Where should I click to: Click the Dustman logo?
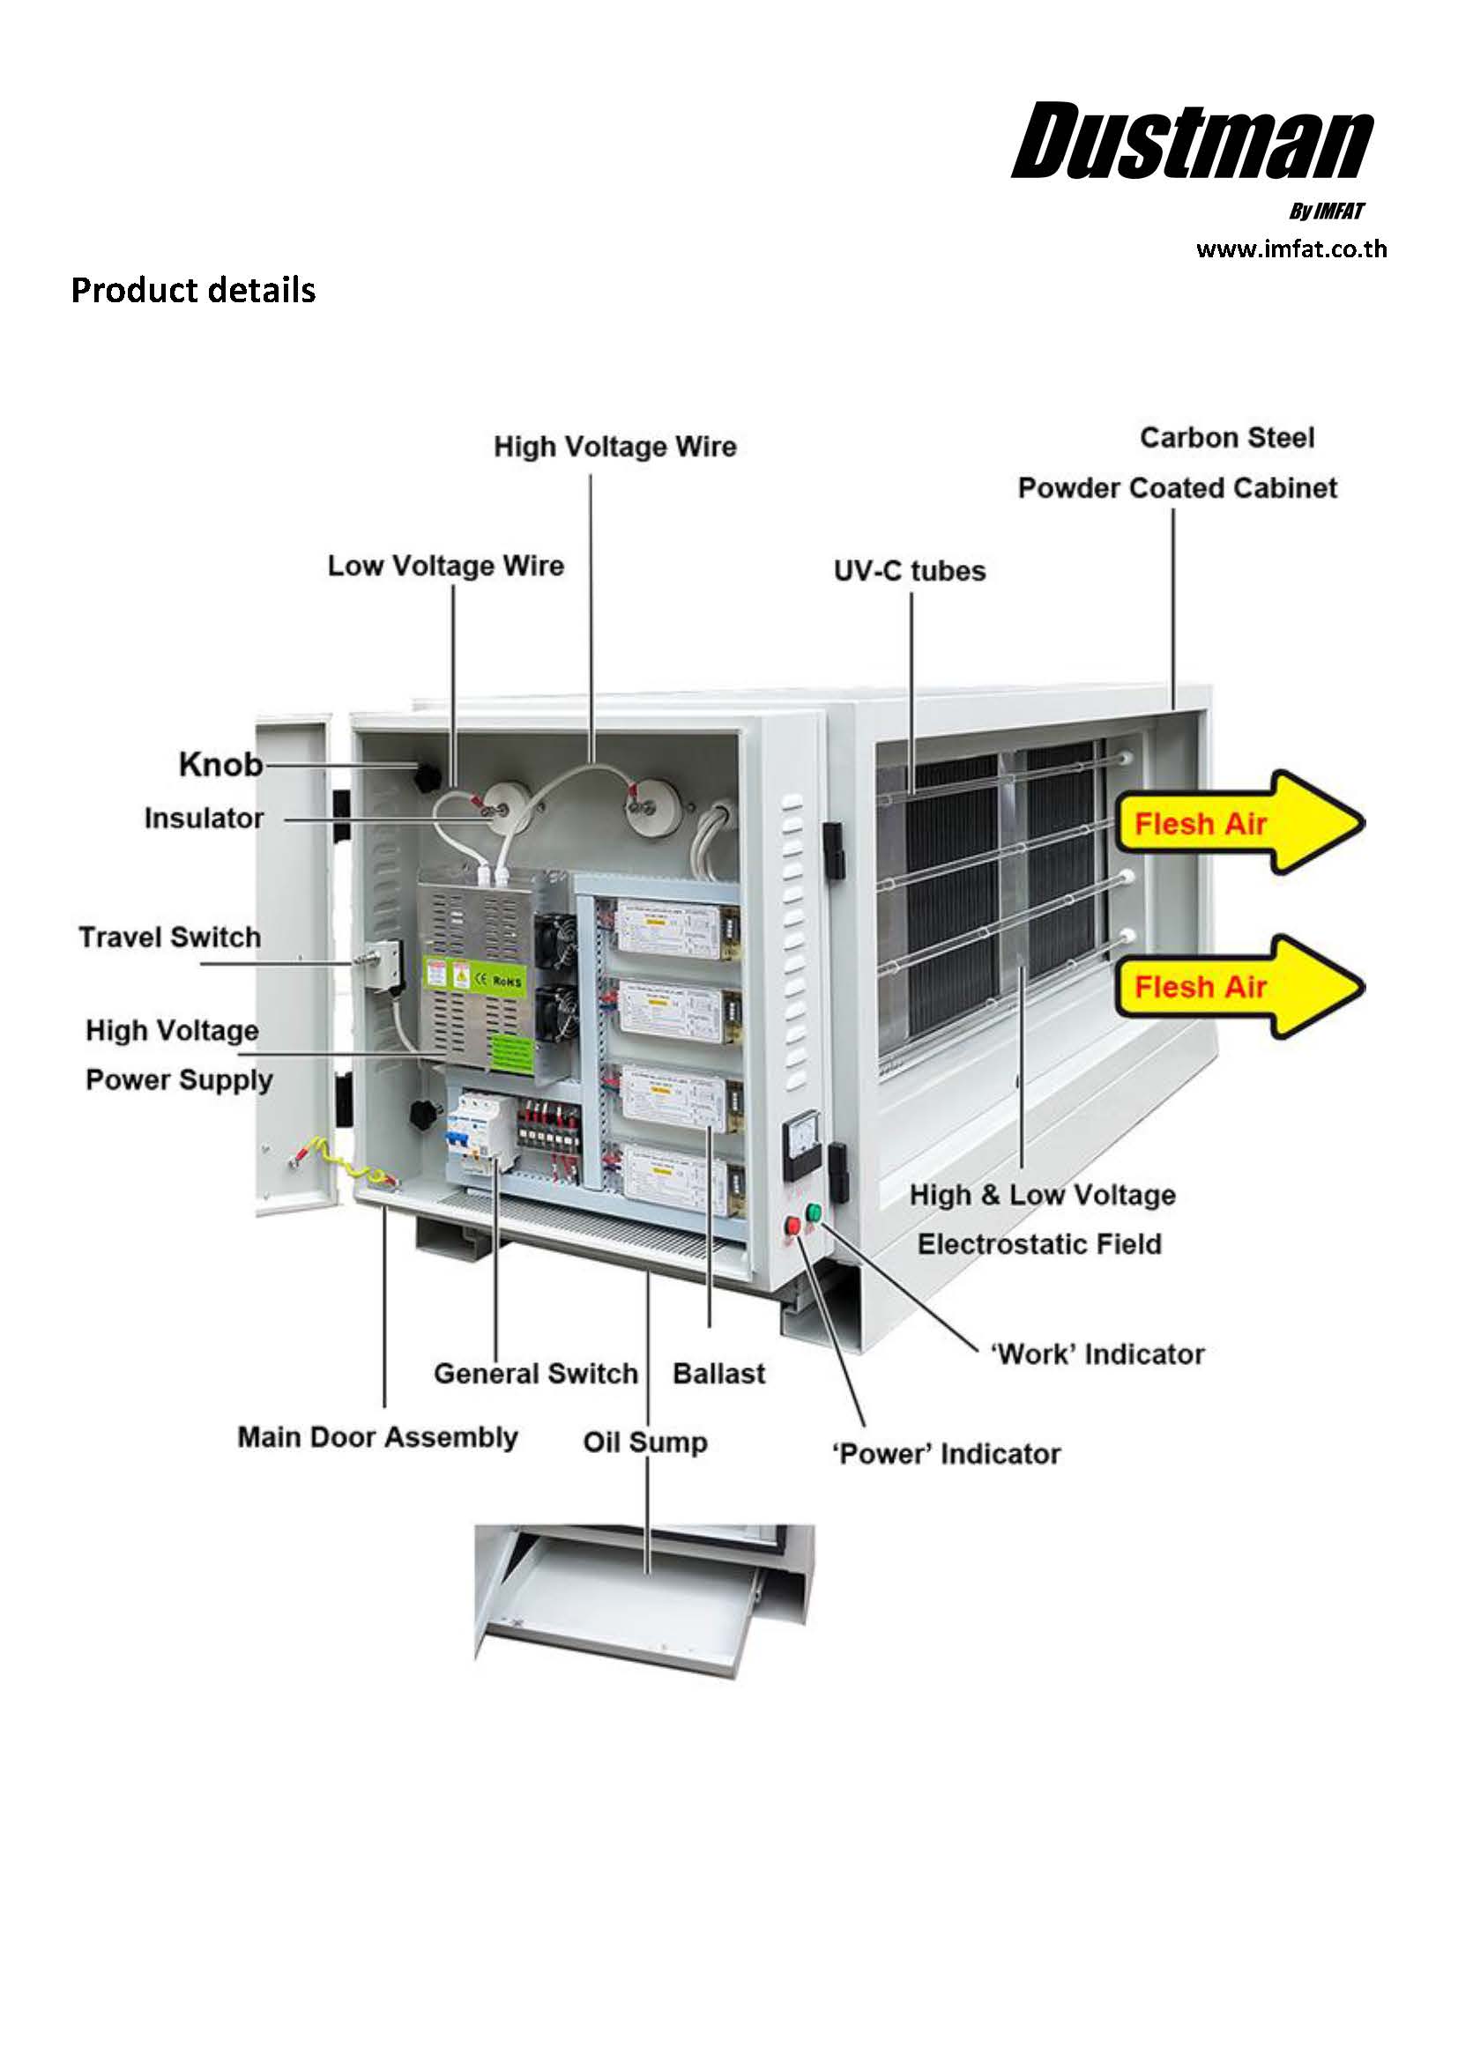[x=1192, y=142]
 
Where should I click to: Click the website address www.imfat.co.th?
[x=1291, y=249]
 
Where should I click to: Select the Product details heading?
[x=193, y=291]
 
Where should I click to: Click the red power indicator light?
[x=792, y=1226]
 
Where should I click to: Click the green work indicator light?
[x=814, y=1213]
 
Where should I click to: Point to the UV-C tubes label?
[x=909, y=571]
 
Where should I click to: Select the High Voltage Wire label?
[x=615, y=447]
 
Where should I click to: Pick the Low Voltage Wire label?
[x=445, y=567]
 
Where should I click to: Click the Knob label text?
[x=221, y=765]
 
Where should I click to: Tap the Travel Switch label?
[x=169, y=938]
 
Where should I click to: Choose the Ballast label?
[x=718, y=1374]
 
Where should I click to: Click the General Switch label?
[x=535, y=1374]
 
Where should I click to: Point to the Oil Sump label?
[x=644, y=1442]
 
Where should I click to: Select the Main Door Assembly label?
[x=377, y=1437]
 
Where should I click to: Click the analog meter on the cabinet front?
[x=801, y=1144]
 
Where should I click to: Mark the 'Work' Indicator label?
[x=1097, y=1353]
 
